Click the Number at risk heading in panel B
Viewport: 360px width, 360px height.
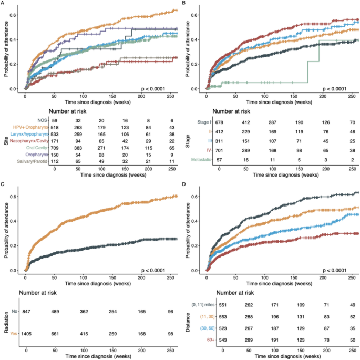(x=240, y=111)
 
